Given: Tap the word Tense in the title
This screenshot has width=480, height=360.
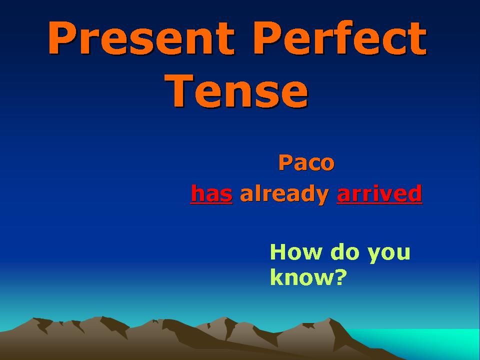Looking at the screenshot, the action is tap(236, 91).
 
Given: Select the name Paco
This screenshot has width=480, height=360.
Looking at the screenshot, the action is tap(306, 163).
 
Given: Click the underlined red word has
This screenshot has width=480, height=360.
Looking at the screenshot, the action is tap(211, 193).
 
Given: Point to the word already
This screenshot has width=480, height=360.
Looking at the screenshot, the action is tap(284, 194).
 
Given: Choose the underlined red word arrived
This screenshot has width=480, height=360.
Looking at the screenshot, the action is tap(379, 193).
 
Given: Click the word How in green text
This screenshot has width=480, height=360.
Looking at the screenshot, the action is tap(296, 252).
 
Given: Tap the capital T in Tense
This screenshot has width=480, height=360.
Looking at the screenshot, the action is tap(179, 90).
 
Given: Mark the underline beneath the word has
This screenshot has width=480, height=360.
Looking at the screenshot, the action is tap(211, 202).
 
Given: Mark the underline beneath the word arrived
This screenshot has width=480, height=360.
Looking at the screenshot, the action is tap(379, 202).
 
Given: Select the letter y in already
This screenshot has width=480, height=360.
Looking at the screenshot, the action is tap(321, 197).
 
